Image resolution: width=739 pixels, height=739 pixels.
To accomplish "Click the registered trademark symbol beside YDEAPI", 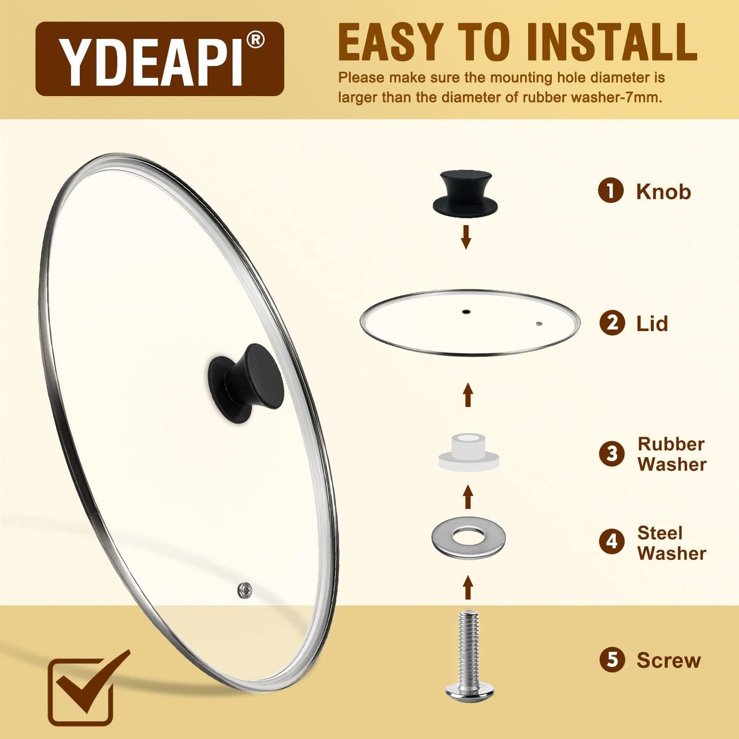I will point(255,40).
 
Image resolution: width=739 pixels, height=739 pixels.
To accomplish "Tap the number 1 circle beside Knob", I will point(611,191).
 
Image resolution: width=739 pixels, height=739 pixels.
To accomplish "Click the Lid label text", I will point(652,324).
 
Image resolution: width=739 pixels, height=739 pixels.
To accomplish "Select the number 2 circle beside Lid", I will point(612,323).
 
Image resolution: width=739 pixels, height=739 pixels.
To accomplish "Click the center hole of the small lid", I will point(465,311).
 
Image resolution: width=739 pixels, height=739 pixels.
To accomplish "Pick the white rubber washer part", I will point(468,453).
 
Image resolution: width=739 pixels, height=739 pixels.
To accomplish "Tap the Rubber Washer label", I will point(671,454).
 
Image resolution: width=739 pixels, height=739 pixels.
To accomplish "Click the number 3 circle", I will point(612,454).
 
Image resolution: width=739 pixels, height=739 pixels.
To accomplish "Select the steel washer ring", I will point(468,538).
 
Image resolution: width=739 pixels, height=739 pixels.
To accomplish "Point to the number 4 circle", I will point(612,542).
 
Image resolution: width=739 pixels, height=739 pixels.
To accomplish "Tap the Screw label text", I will point(668,660).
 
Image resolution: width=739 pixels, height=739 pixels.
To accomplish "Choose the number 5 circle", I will point(612,660).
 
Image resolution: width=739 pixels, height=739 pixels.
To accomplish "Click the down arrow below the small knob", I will point(465,236).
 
